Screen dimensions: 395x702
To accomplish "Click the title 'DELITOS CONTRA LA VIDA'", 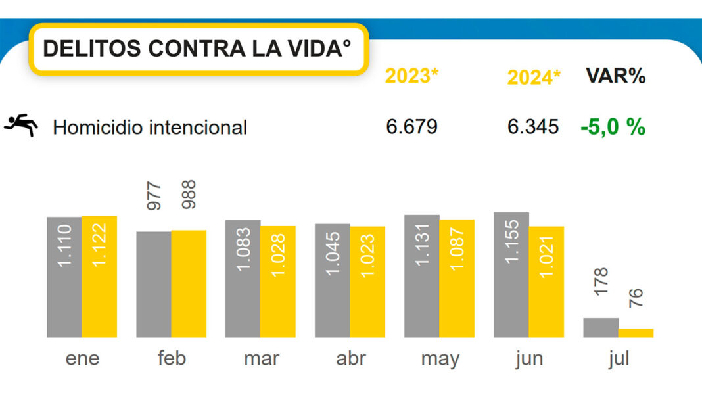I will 197,49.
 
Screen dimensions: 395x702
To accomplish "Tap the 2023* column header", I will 411,76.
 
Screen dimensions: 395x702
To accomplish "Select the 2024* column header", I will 534,78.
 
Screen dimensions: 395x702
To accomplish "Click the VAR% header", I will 615,76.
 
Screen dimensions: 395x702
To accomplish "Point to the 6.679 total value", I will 411,126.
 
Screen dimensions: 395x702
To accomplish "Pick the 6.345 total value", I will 533,126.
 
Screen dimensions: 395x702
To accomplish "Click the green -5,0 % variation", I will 613,126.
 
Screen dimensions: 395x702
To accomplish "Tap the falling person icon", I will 20,125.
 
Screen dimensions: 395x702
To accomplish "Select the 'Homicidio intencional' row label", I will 150,127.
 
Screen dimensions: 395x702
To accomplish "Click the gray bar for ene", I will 64,277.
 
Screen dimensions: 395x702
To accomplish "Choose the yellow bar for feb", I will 189,284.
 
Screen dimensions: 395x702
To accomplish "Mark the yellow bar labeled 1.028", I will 278,281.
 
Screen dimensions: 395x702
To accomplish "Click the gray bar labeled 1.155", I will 511,275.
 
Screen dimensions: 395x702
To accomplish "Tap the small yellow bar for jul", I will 636,333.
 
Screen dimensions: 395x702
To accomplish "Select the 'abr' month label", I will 350,359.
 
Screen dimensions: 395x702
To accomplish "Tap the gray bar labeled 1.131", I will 422,276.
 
